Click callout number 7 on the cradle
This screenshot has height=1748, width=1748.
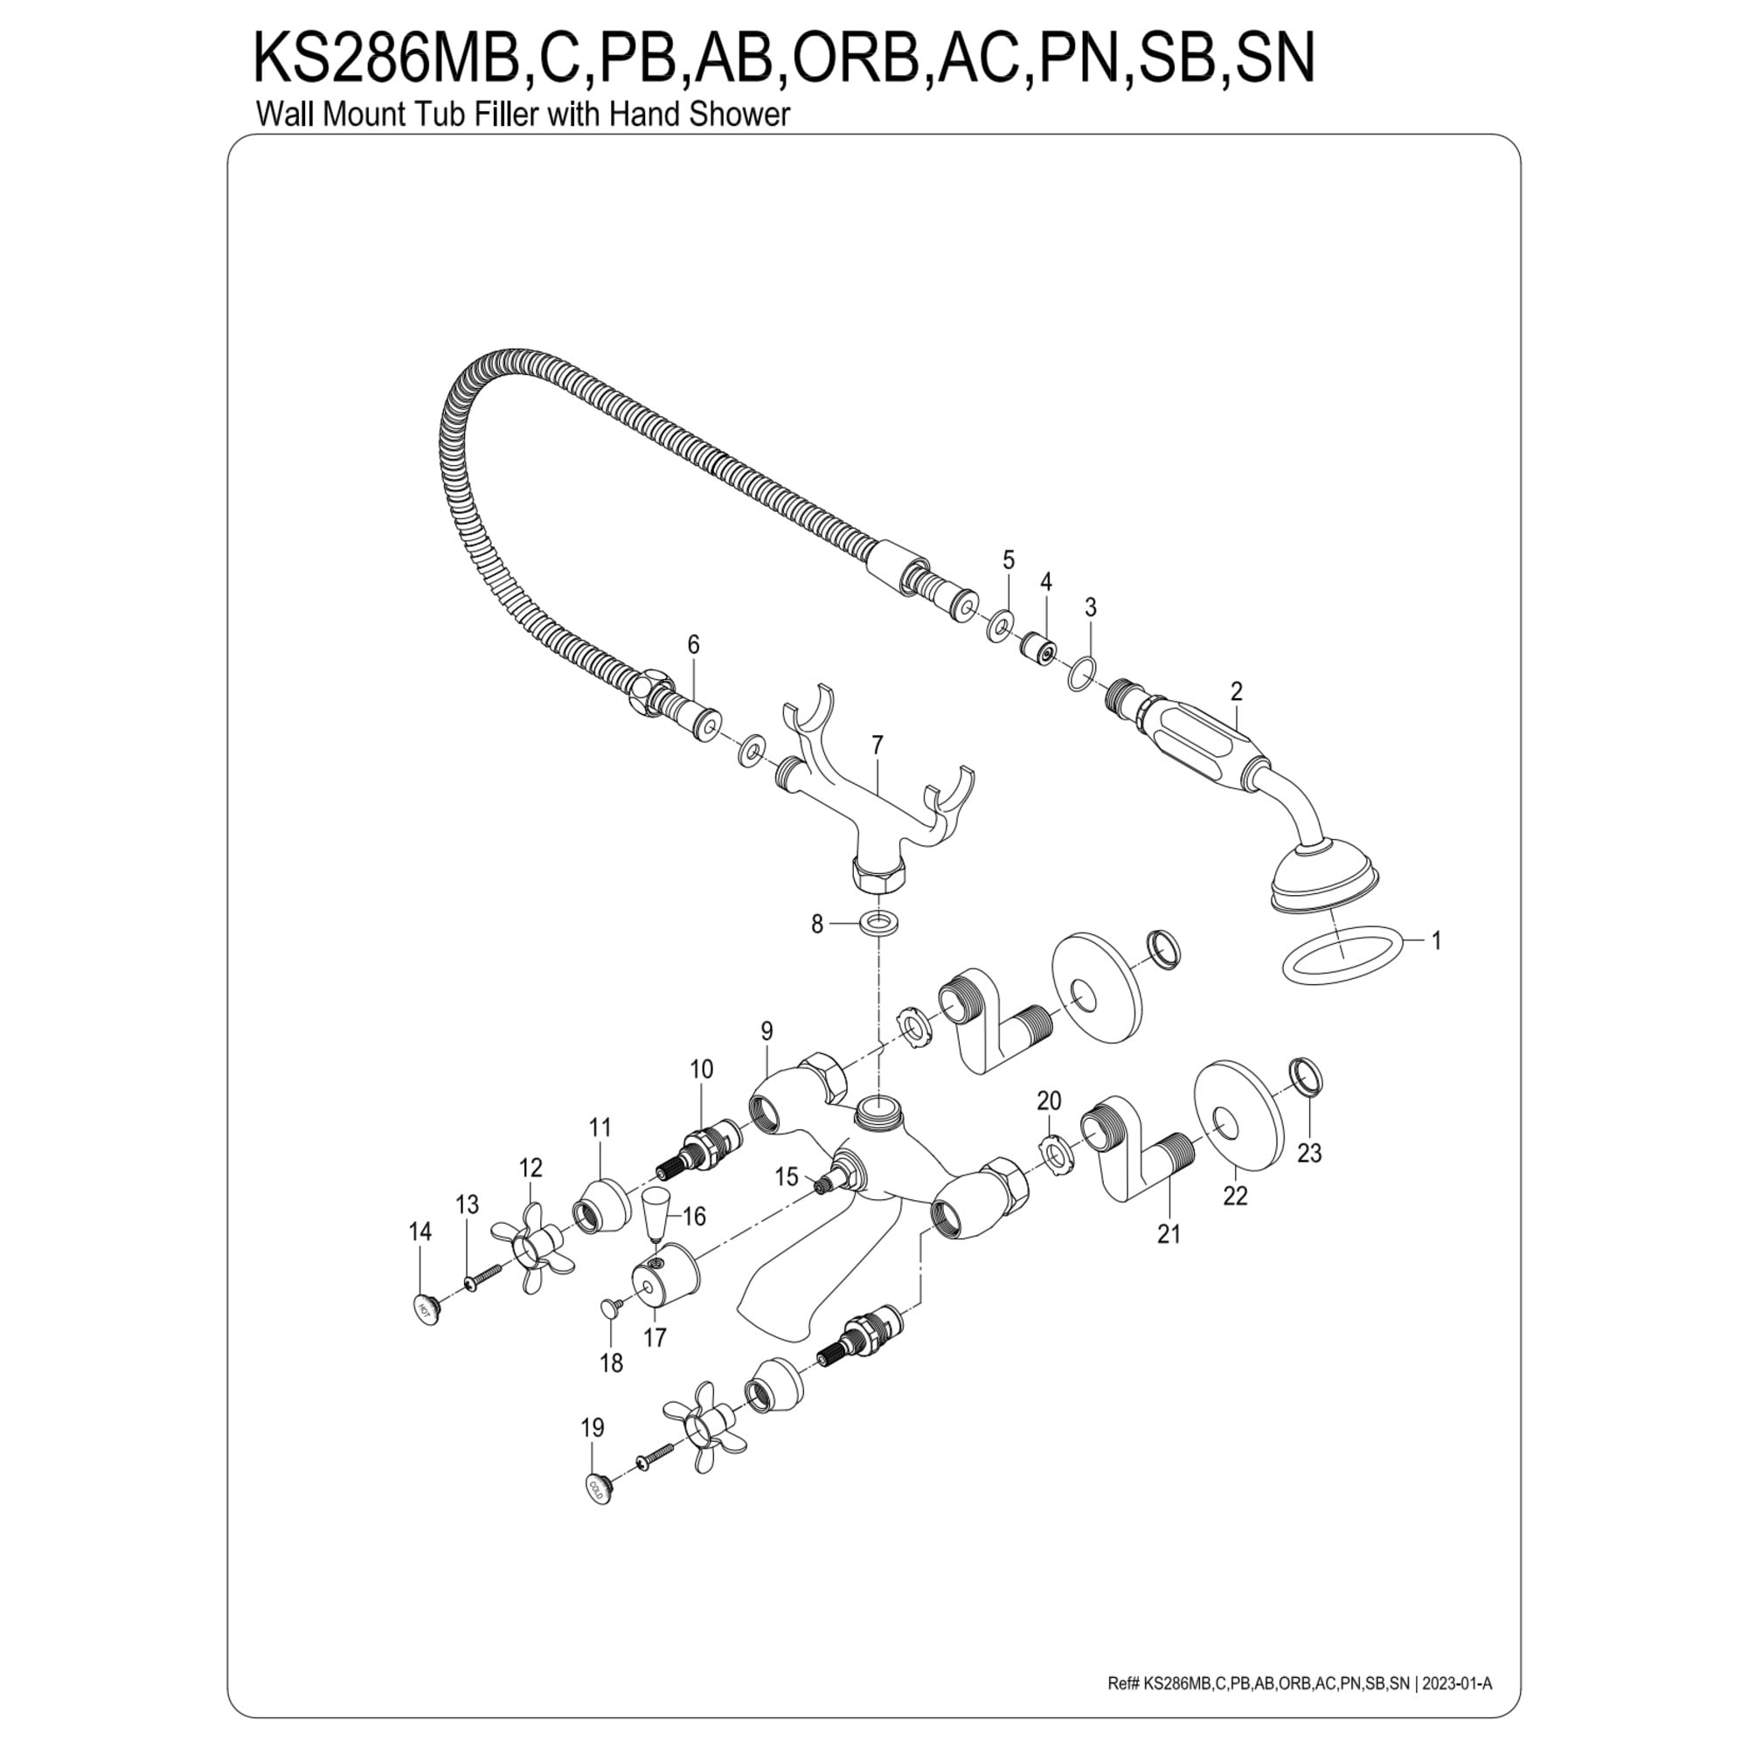pos(877,745)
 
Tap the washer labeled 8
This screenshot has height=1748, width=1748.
pos(876,924)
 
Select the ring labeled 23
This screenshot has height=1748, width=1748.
pos(1306,1076)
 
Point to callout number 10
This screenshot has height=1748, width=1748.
pos(701,1069)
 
